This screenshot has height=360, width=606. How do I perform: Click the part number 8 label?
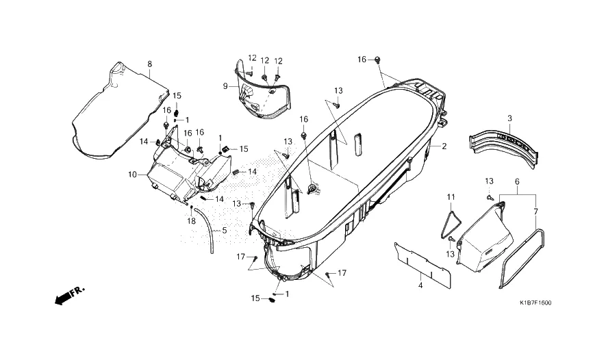pyautogui.click(x=149, y=64)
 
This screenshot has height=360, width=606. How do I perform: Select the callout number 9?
pyautogui.click(x=224, y=86)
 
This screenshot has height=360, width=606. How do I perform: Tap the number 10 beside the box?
pyautogui.click(x=132, y=175)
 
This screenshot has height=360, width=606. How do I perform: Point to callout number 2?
pyautogui.click(x=444, y=146)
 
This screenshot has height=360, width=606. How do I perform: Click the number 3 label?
pyautogui.click(x=509, y=119)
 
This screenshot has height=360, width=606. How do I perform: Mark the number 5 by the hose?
pyautogui.click(x=224, y=231)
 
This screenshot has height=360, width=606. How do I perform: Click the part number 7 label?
pyautogui.click(x=535, y=211)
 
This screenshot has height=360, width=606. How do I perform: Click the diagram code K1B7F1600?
pyautogui.click(x=535, y=303)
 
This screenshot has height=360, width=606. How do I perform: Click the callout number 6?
pyautogui.click(x=517, y=183)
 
